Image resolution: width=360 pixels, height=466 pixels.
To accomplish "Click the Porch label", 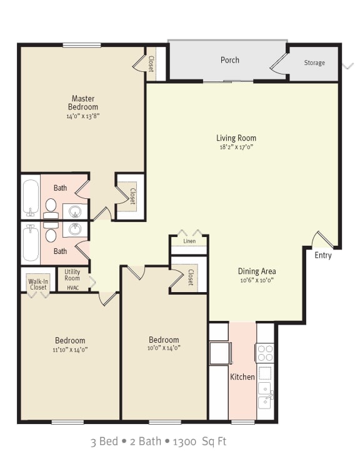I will pos(230,60).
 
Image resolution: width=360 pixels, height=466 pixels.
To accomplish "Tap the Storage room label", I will pos(314,63).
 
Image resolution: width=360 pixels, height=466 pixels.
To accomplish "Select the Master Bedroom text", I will pos(82,103).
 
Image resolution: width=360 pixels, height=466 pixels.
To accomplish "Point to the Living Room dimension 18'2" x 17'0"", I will pos(236,148).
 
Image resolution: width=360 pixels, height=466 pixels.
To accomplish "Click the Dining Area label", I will pos(256,271).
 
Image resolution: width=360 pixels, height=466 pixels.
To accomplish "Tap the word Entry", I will pos(323,255).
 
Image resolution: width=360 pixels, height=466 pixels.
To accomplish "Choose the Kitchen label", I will pos(242,377).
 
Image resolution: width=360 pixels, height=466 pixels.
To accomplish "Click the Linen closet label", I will pos(189,241).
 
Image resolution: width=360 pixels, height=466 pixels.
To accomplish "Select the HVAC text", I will pos(72,287).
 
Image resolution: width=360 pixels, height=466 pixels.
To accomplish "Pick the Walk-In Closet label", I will pos(37,284).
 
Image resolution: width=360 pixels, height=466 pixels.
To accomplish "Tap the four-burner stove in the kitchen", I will pos(265,353).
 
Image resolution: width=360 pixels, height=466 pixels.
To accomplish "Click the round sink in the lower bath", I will pos(75,230).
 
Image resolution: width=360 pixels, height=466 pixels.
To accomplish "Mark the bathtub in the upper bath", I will pos(30,198).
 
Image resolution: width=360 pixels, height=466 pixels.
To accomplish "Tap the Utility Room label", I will pos(72,275).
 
